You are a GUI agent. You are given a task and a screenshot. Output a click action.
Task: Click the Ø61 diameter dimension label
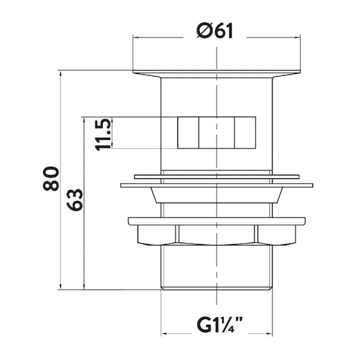coord(215,30)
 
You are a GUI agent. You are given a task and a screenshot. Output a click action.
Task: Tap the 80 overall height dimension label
coord(51,178)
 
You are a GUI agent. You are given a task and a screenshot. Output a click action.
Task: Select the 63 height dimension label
coord(75,200)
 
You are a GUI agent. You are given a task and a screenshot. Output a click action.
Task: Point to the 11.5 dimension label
coord(103,135)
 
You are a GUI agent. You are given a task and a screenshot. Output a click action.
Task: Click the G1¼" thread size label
coord(220,324)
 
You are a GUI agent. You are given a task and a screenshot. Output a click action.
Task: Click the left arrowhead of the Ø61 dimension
coord(135,37)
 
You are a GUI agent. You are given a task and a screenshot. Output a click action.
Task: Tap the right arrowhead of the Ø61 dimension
coord(298,37)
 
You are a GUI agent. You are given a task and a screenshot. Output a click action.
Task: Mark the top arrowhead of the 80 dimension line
coord(61,73)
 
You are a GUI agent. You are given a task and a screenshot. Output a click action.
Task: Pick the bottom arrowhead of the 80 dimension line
coord(61,287)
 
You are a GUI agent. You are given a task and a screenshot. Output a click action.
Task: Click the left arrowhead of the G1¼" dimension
coord(164,333)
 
